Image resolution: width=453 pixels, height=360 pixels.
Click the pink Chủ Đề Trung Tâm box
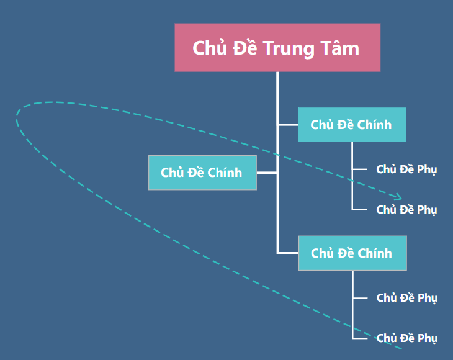(277, 48)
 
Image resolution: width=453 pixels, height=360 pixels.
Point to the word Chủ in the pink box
(209, 48)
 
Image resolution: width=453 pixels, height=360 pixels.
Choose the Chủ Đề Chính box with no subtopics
(202, 173)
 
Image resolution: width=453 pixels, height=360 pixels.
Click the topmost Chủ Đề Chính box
(352, 125)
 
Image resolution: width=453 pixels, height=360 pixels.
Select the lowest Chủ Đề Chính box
(352, 253)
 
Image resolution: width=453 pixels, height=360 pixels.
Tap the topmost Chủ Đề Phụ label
(406, 169)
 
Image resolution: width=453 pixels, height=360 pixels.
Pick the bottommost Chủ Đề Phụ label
(406, 338)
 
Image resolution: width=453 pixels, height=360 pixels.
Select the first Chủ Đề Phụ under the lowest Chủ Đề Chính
(406, 298)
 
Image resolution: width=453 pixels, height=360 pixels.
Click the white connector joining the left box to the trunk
(267, 173)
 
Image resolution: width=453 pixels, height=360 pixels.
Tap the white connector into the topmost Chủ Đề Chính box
(288, 125)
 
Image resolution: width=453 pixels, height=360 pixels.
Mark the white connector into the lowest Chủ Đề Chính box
(288, 253)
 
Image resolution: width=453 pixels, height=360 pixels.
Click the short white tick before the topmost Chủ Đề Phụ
(360, 169)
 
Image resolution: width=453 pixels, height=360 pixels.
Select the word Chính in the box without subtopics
(225, 173)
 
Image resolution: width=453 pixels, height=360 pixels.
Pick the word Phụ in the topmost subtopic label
(427, 169)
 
